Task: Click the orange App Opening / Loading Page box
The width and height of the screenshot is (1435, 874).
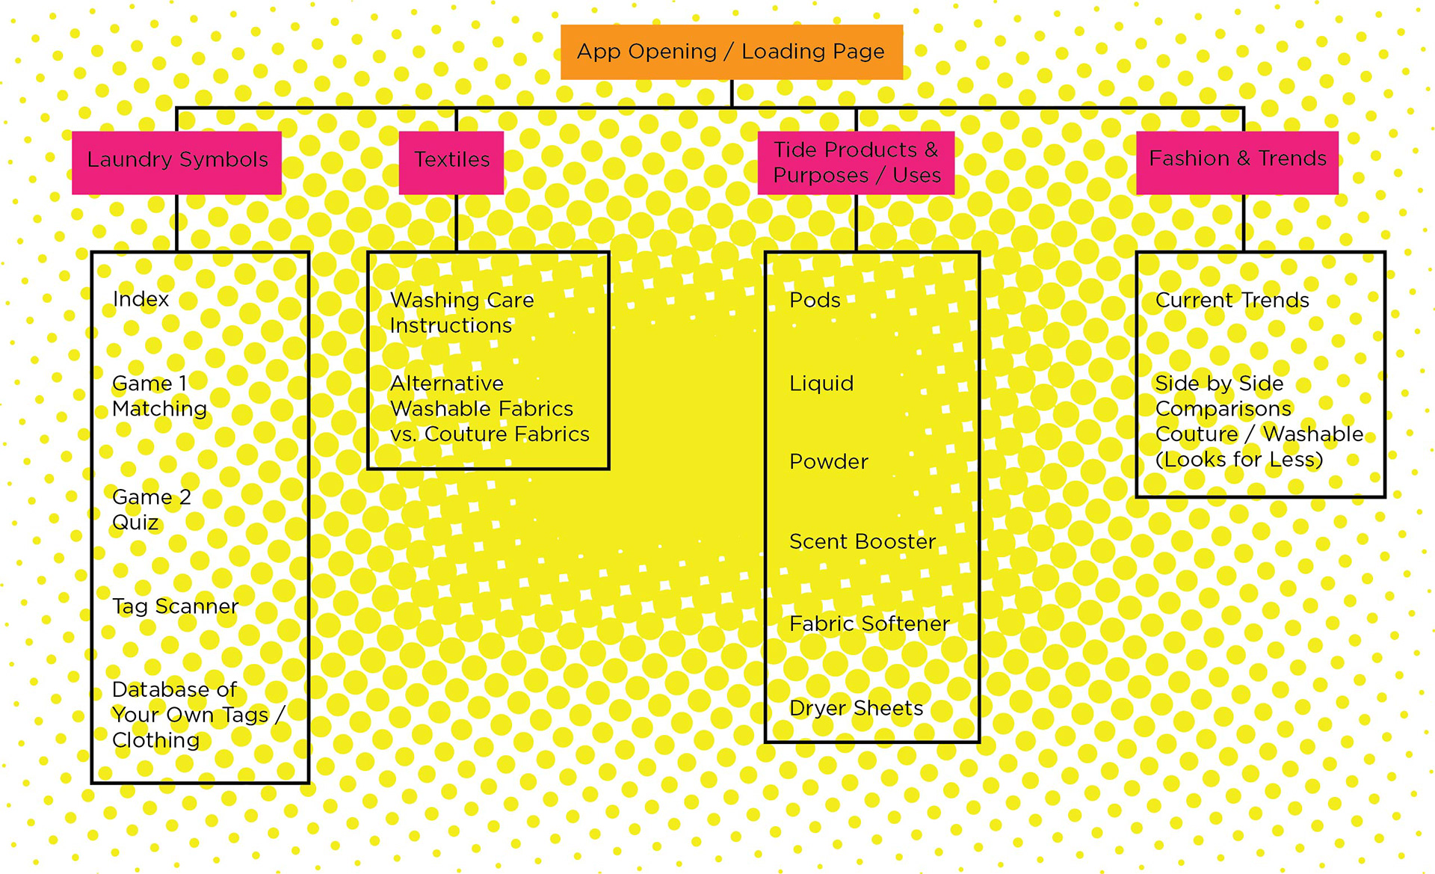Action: (x=731, y=52)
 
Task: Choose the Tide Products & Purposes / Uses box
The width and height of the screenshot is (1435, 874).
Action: (x=856, y=162)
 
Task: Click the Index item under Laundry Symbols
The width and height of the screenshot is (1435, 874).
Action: (x=141, y=299)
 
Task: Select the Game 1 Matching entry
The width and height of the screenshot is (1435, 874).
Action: (x=159, y=396)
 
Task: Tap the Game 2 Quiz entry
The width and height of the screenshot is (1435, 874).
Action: (x=151, y=510)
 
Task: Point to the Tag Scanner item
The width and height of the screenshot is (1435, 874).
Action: (x=175, y=606)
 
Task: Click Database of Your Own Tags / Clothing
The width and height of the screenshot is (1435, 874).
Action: (x=197, y=715)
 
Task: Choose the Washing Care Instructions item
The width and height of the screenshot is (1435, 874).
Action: (x=461, y=313)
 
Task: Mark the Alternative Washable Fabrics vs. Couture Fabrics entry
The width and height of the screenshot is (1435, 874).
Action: (x=489, y=409)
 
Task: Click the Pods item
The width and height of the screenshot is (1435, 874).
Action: (x=815, y=300)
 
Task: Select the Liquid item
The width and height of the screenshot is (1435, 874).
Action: (x=821, y=384)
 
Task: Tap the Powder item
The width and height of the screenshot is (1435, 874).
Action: (x=828, y=462)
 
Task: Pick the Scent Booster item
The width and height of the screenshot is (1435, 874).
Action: (x=862, y=541)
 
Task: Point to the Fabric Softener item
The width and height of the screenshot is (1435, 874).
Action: (x=868, y=624)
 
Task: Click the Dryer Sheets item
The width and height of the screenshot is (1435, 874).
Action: (x=856, y=708)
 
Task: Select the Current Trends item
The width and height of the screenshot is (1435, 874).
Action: (x=1232, y=300)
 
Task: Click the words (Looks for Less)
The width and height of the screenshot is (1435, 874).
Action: (x=1238, y=460)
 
